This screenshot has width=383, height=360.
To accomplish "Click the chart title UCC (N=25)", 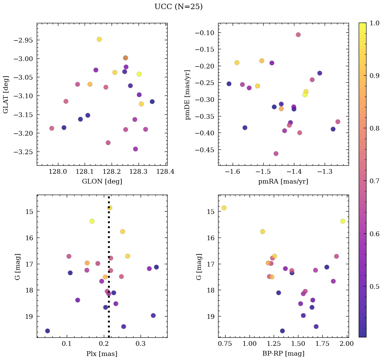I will point(178,7).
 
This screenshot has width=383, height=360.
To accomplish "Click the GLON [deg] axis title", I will point(102,182).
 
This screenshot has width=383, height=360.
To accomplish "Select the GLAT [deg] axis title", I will point(6,94).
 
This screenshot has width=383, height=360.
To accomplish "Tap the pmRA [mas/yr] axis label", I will point(283,182).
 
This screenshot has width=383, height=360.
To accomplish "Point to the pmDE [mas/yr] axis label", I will point(187,94).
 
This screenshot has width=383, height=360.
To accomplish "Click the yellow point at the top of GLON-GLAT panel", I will point(99,39).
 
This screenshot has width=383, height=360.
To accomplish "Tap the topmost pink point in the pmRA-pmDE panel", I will point(298,35).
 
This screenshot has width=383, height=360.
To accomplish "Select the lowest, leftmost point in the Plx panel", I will point(48,331).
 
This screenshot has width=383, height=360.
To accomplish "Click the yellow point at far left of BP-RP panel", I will point(224,208).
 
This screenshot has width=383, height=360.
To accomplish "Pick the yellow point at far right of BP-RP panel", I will point(343,221).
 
